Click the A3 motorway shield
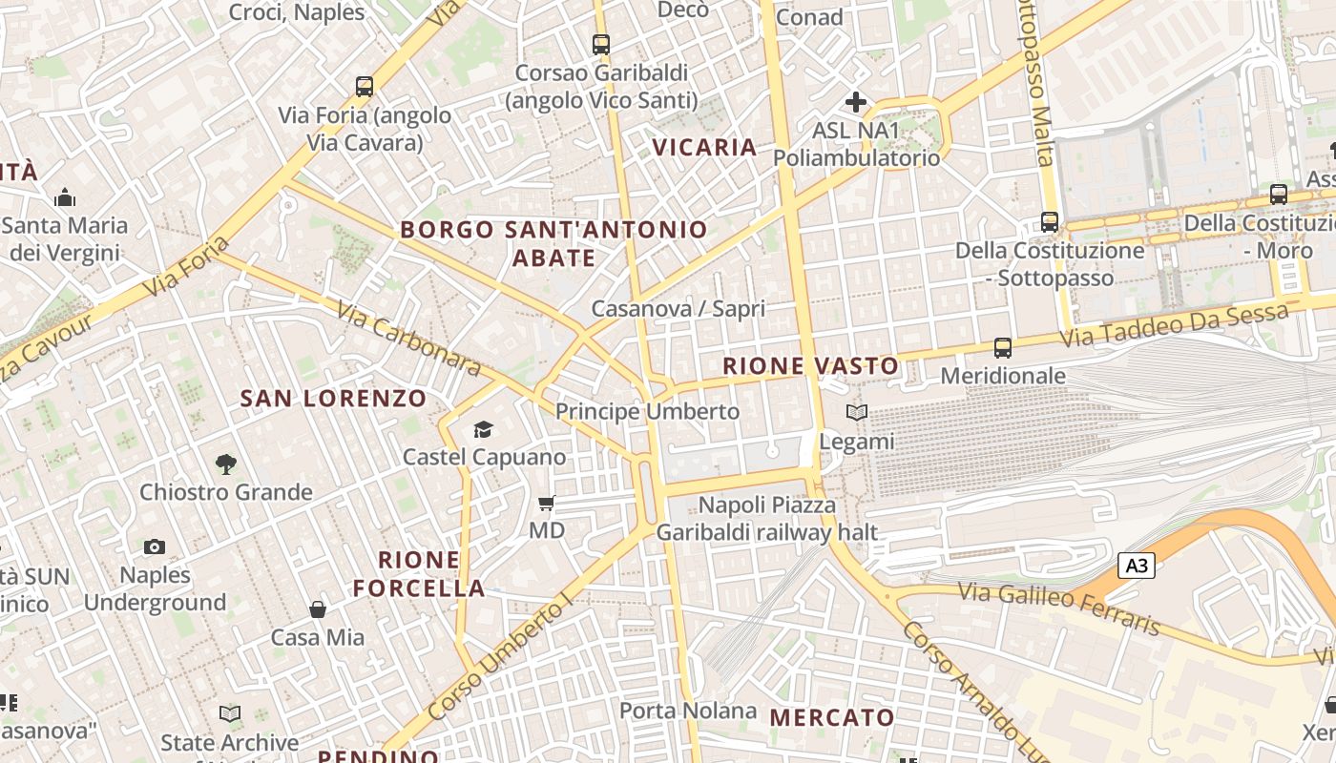point(1136,566)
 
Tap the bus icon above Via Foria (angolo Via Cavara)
point(364,87)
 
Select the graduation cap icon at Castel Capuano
point(484,430)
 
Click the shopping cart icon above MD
point(547,503)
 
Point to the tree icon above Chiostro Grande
point(226,464)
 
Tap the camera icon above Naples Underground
point(155,546)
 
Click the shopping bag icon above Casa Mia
point(318,608)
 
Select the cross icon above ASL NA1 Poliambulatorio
point(856,101)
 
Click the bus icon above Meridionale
point(1002,348)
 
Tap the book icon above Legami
point(857,413)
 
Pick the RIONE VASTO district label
point(810,366)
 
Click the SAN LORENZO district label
point(333,399)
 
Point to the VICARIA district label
point(704,147)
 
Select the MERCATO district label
point(832,717)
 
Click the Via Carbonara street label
point(408,339)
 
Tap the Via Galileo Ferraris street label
point(1059,608)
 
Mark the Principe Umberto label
point(647,411)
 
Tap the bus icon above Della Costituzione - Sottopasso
point(1050,222)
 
